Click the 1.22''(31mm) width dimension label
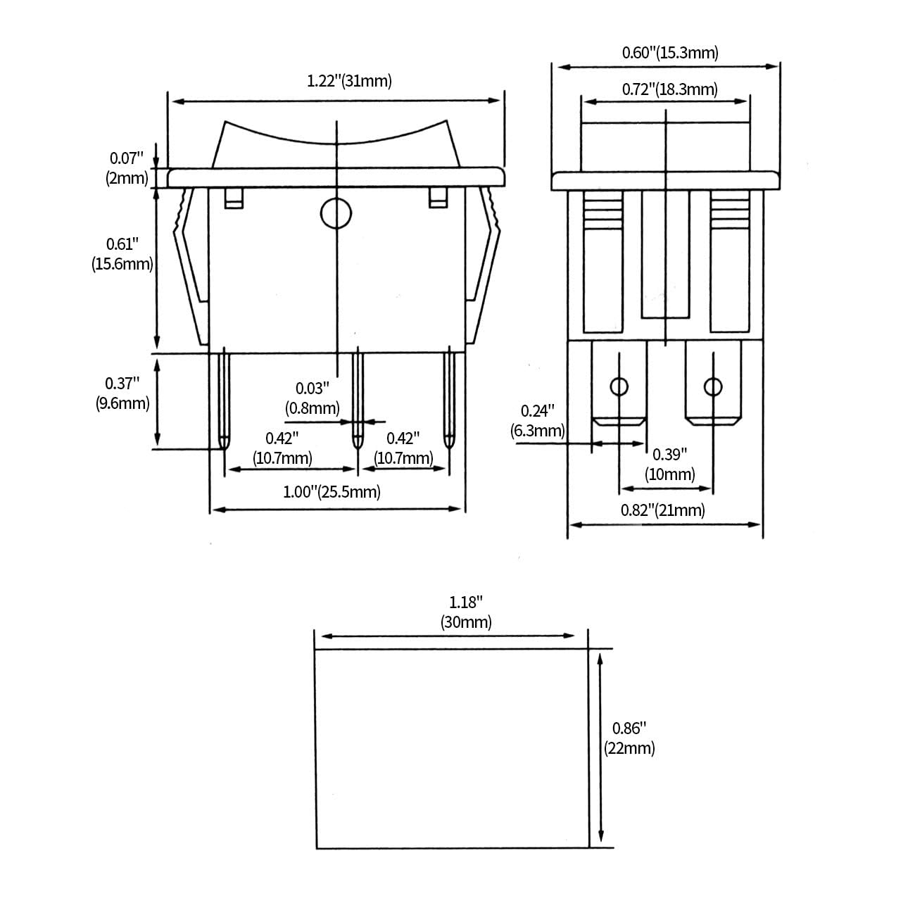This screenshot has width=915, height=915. pyautogui.click(x=349, y=81)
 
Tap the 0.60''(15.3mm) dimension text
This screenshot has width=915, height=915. pyautogui.click(x=670, y=53)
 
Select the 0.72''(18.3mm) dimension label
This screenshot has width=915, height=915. pyautogui.click(x=669, y=89)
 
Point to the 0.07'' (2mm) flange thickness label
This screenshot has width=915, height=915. pyautogui.click(x=127, y=168)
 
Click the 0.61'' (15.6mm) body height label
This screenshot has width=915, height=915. pyautogui.click(x=122, y=254)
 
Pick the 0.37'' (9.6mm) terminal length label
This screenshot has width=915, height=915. pyautogui.click(x=122, y=393)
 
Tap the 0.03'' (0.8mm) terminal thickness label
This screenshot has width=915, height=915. pyautogui.click(x=313, y=398)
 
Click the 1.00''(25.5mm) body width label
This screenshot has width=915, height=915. pyautogui.click(x=332, y=491)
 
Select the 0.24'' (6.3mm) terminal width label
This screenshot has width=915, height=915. pyautogui.click(x=538, y=421)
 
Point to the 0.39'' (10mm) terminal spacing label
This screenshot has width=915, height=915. pyautogui.click(x=670, y=465)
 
